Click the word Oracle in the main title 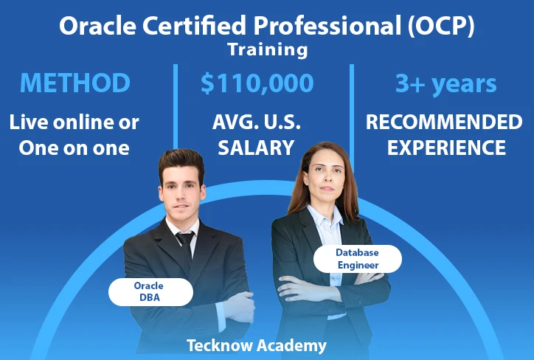tap(98, 26)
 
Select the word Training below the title tap(268, 50)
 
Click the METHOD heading tap(75, 83)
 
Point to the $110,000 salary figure tap(257, 83)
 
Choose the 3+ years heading tap(445, 84)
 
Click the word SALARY tap(256, 148)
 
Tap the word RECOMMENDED tap(444, 122)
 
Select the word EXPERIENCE tap(446, 148)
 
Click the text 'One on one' tap(74, 148)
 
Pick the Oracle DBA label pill tap(151, 292)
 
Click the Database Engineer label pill tap(358, 259)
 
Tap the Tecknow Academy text tap(257, 345)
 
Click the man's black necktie tap(186, 246)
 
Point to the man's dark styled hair tap(181, 162)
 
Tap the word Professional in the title tap(327, 26)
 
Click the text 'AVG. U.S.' tap(257, 122)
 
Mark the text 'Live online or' tap(74, 122)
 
